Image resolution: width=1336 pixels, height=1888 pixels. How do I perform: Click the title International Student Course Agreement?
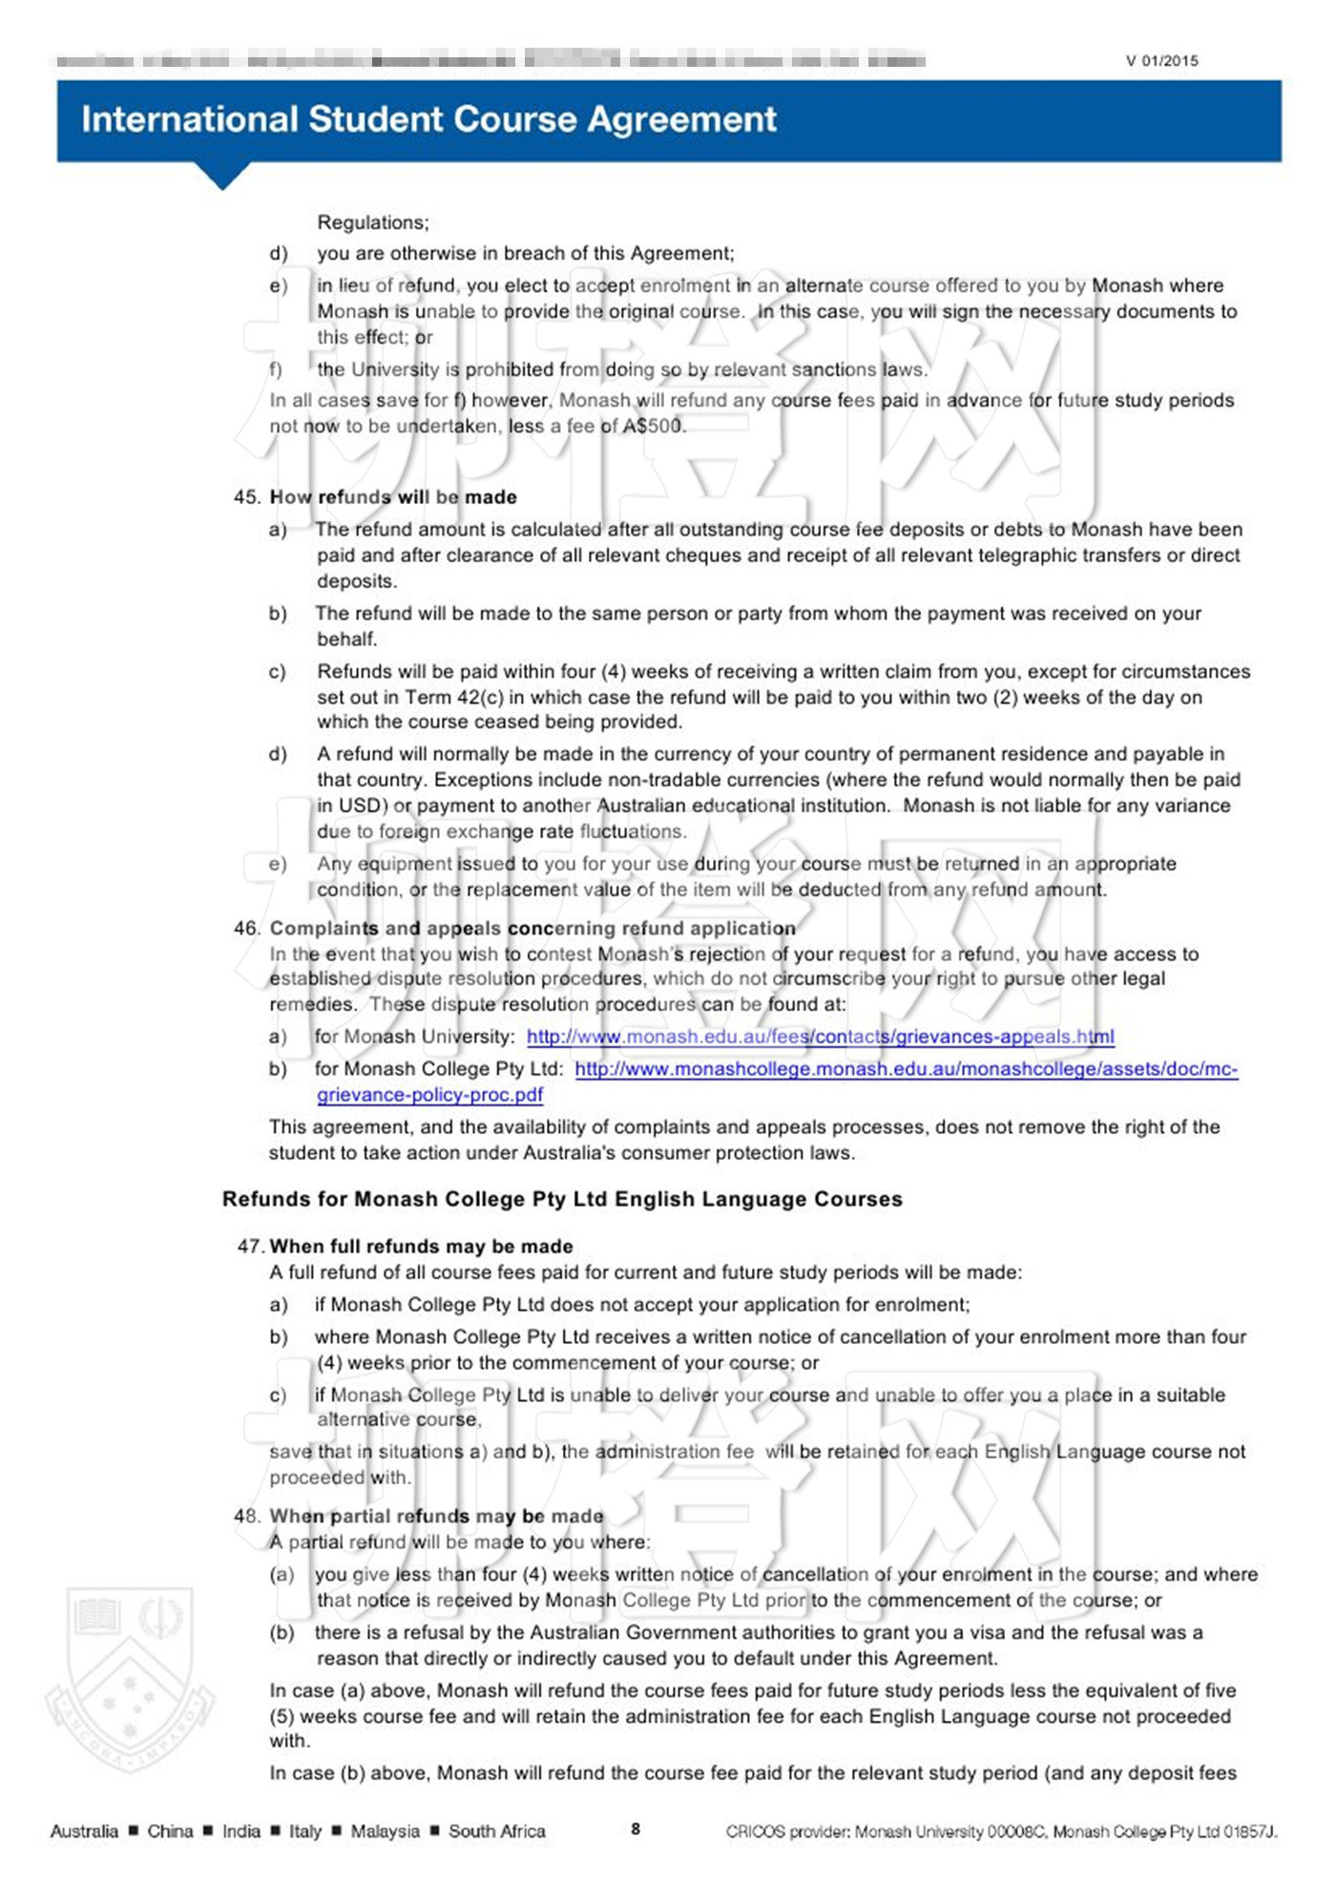[x=428, y=119]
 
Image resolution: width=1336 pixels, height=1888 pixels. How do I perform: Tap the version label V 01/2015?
[x=1161, y=61]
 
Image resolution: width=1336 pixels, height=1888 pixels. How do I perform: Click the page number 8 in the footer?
[x=636, y=1829]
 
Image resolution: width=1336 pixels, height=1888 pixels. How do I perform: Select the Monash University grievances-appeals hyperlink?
[x=820, y=1037]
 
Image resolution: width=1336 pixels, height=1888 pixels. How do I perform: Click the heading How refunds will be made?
[x=393, y=497]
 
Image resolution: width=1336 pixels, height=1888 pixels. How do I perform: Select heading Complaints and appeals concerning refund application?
[x=532, y=928]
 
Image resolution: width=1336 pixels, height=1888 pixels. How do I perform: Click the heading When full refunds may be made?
[x=421, y=1247]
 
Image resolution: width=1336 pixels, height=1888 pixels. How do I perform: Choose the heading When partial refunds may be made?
[x=436, y=1516]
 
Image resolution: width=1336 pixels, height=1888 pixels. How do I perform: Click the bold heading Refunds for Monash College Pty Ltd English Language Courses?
[x=562, y=1199]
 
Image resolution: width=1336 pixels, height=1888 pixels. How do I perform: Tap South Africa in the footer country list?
[x=496, y=1831]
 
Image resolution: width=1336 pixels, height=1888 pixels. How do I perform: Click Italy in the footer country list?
[x=305, y=1831]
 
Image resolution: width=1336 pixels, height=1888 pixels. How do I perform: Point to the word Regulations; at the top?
[x=373, y=222]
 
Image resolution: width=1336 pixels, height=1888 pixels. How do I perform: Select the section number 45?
[x=246, y=497]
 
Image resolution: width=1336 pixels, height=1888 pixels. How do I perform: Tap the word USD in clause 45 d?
[x=360, y=806]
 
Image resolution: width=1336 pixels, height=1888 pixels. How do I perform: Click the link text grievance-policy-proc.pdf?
[x=429, y=1095]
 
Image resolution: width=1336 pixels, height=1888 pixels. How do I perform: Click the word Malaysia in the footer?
[x=385, y=1831]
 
